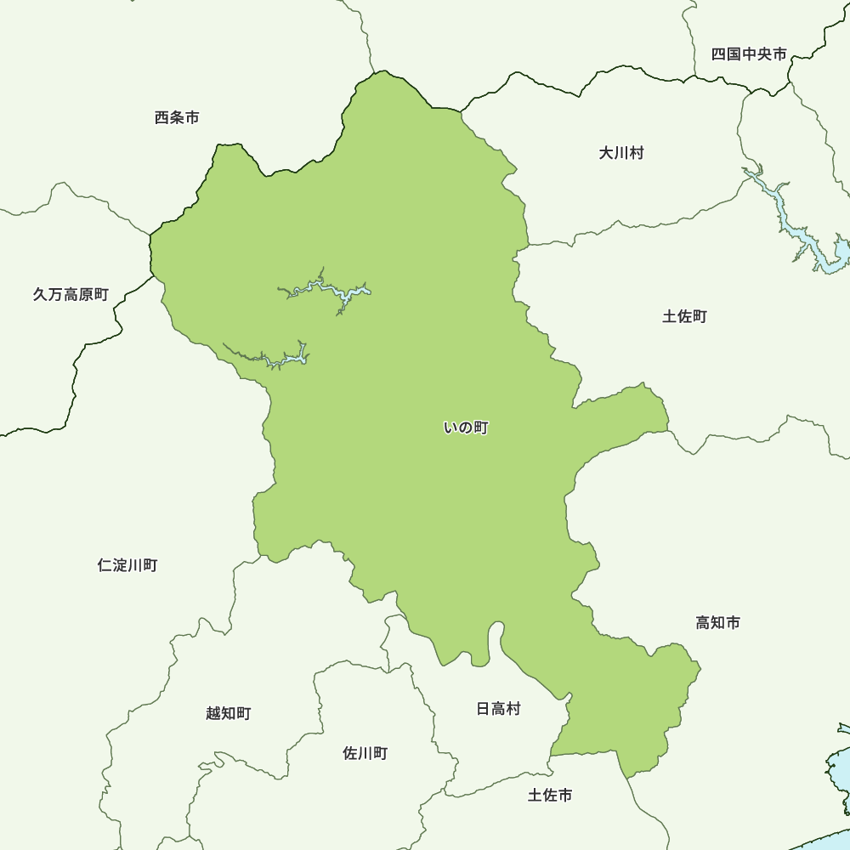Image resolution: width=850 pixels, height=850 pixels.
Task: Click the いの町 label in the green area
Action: (x=466, y=428)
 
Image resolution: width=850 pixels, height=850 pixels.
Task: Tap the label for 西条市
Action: (x=177, y=118)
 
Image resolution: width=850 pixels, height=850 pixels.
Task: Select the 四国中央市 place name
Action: (x=749, y=54)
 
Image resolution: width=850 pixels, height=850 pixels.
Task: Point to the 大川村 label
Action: (x=621, y=153)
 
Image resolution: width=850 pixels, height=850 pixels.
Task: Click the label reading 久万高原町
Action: (x=71, y=295)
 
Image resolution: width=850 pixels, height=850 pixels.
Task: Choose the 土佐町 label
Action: (x=684, y=317)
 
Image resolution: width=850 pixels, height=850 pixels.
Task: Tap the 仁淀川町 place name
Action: (x=127, y=565)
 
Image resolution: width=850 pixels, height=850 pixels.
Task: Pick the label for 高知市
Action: (x=717, y=623)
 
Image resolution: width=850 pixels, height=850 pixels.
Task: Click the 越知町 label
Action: (x=228, y=713)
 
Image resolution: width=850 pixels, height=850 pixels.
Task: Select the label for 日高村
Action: (x=498, y=709)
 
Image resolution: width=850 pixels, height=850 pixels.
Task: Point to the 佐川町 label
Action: (x=365, y=753)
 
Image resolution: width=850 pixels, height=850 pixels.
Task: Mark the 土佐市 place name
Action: (x=549, y=796)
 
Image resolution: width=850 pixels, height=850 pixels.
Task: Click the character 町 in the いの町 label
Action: (x=481, y=428)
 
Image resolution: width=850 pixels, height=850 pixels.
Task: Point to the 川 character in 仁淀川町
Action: (x=135, y=565)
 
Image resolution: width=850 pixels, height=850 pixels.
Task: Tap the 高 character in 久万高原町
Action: (x=71, y=295)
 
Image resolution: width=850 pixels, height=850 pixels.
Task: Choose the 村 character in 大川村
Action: (x=637, y=153)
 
